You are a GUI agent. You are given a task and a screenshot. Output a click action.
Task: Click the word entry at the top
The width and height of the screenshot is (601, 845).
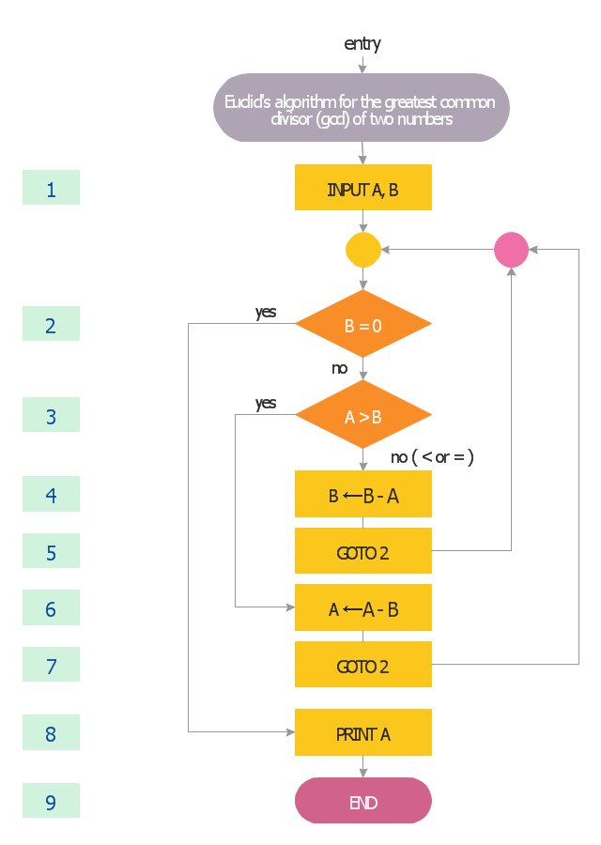point(362,44)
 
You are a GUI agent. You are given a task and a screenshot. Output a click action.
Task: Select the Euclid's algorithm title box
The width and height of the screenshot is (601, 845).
point(362,107)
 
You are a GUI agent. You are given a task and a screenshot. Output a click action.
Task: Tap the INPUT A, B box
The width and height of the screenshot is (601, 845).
point(362,188)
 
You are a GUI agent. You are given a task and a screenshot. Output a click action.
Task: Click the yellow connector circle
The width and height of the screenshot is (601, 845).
point(363,250)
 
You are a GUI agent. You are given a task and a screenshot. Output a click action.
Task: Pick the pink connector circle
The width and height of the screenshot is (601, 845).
point(511,250)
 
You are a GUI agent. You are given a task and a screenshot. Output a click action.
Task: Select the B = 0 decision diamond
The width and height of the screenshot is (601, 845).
point(362,325)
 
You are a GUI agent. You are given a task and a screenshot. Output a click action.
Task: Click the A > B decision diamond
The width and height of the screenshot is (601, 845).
point(362,415)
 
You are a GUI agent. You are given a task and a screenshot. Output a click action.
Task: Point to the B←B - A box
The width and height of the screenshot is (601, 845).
point(362,495)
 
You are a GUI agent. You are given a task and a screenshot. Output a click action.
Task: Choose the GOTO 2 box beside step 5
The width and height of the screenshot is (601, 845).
point(362,551)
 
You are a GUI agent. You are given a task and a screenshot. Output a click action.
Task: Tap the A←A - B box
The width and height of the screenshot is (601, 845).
point(362,608)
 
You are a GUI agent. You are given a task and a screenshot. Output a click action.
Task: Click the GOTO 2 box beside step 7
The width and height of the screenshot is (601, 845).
point(362,665)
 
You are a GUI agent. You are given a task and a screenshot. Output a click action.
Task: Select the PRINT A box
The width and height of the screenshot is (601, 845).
point(362,732)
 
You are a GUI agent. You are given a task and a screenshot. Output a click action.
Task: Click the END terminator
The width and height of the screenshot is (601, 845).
point(362,801)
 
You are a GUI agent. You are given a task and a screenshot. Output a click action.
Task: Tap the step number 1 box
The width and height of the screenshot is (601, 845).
point(51,188)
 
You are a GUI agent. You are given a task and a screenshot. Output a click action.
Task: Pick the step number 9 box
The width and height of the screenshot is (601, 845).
point(51,801)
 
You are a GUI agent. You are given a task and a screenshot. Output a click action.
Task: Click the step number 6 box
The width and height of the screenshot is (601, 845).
point(51,608)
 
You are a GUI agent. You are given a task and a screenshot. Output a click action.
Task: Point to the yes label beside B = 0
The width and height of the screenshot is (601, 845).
point(266,312)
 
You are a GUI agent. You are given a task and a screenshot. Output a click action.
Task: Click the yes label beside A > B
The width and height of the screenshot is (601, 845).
point(266,403)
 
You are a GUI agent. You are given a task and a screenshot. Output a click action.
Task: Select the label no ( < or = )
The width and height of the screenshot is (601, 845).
point(432,457)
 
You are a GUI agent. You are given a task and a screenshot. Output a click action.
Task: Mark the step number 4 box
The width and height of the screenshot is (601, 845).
point(51,494)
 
